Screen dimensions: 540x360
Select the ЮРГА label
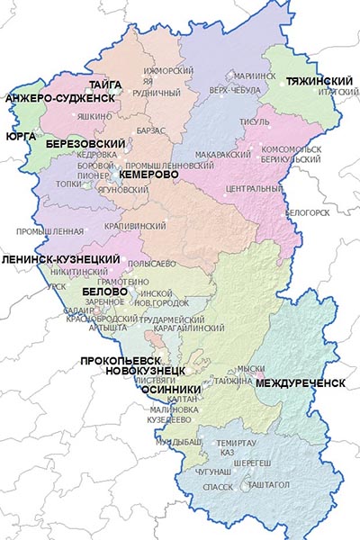tap(21, 137)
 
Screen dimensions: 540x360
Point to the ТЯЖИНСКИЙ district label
tap(318, 81)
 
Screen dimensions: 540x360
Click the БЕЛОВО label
tap(103, 292)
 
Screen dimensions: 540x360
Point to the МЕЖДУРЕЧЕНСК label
tap(301, 382)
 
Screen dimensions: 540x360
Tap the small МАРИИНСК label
tap(255, 76)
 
